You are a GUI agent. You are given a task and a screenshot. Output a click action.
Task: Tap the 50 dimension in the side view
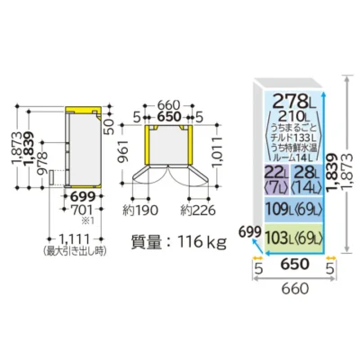[110, 126]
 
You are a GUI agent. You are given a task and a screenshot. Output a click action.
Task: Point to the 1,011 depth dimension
[218, 152]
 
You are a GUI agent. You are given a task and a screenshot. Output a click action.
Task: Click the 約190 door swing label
[140, 211]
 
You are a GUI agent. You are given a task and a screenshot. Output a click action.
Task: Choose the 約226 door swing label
[198, 211]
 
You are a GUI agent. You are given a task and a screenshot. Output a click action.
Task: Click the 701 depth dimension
[82, 211]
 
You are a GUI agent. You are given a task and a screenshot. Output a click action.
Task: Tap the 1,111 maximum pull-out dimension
[75, 239]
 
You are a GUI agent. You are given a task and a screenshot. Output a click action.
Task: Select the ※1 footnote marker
[88, 221]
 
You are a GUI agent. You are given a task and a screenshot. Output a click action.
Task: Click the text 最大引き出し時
[75, 250]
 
